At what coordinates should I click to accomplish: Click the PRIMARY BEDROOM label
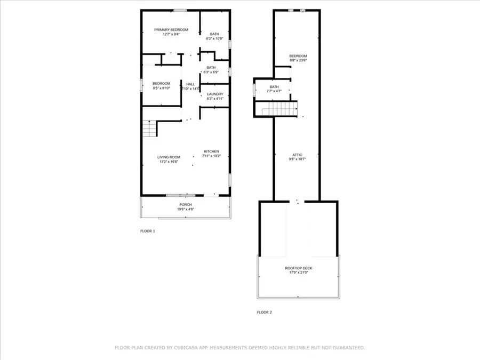click(x=171, y=30)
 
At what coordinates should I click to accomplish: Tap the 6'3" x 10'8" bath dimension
click(x=214, y=39)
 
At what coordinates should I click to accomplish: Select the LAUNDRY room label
click(x=215, y=94)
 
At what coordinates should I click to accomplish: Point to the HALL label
click(x=190, y=84)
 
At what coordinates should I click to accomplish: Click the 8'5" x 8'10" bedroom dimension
click(x=161, y=89)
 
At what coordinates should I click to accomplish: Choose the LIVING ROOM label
click(x=169, y=157)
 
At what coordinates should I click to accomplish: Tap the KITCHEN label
click(x=211, y=151)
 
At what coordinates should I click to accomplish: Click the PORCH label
click(x=186, y=205)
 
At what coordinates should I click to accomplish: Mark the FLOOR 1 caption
click(x=147, y=231)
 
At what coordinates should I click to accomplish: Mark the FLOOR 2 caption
click(x=265, y=312)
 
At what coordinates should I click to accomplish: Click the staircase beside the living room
click(x=149, y=129)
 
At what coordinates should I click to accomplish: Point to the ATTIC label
click(x=298, y=155)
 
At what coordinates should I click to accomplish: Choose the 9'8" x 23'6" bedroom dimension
click(x=298, y=60)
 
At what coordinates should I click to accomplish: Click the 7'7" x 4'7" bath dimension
click(x=274, y=91)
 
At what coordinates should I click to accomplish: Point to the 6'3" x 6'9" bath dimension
click(x=211, y=72)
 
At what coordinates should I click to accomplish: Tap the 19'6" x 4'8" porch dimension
click(x=186, y=210)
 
